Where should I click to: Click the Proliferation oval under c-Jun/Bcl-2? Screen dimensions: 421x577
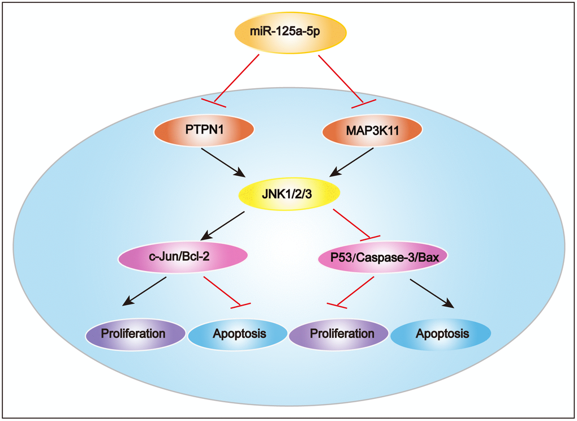point(134,333)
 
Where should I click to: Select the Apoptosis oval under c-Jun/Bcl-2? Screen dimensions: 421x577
point(239,334)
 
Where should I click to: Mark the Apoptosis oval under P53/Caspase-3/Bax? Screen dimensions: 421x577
point(442,334)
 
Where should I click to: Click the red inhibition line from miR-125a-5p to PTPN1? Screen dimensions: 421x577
point(236,79)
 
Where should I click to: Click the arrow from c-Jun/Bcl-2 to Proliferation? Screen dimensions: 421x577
point(146,291)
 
